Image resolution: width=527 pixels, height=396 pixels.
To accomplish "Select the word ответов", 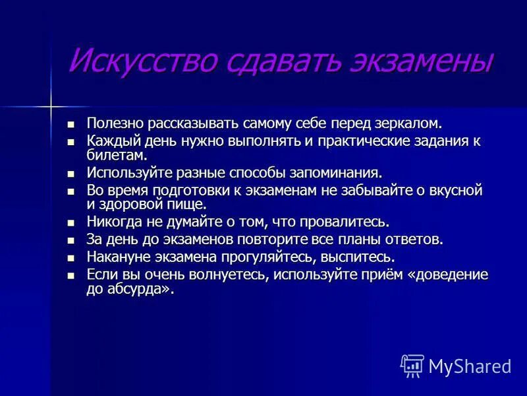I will (416, 240).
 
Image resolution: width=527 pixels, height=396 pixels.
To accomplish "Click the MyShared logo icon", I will (412, 366).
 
